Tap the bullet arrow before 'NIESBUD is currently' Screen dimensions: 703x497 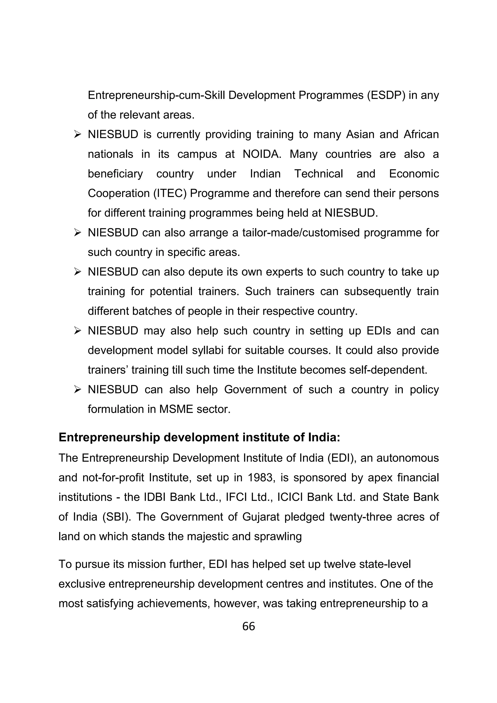[x=77, y=134]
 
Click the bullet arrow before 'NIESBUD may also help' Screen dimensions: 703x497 [x=77, y=331]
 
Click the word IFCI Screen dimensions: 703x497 [x=236, y=497]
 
